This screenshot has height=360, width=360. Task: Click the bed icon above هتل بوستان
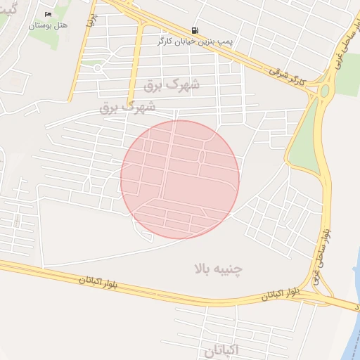coord(48,14)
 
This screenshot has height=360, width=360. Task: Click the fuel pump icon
coord(193,30)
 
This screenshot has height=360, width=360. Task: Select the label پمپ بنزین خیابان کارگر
coord(195,41)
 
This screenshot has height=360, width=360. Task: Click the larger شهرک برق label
coord(172,84)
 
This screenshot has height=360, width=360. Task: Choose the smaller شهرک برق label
coord(127,108)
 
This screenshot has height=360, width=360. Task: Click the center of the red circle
coord(180,179)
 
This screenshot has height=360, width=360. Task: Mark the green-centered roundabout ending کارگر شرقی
coord(325,91)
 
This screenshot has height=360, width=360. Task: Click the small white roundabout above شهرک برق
coord(97,68)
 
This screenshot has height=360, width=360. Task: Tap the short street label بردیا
coord(90,19)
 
